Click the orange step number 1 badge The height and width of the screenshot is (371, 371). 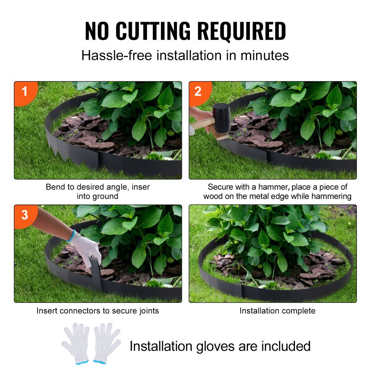coord(24,91)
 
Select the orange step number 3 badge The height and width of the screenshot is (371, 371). coord(24,214)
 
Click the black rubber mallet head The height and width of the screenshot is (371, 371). coord(221,118)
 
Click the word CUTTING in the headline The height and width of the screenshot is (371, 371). coord(157,32)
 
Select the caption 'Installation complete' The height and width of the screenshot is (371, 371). coord(277,311)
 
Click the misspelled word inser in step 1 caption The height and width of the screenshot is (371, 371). coord(141,187)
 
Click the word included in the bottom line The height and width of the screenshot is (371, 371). coord(286,346)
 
